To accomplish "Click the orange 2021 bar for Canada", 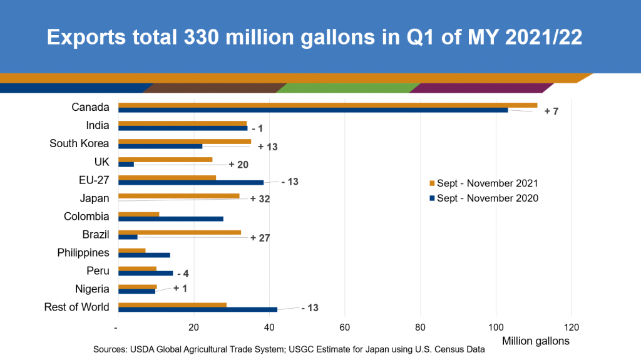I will [327, 105].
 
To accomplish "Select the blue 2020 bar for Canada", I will [313, 110].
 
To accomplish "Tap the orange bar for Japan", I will [178, 196].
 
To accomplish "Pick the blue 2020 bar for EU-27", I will [191, 182].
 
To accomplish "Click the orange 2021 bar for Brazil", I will [180, 232].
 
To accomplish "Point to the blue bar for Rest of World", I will [197, 309].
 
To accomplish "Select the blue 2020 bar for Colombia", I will [170, 219].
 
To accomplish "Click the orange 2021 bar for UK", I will [165, 160].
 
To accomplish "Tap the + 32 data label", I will [259, 199].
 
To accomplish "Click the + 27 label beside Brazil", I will [260, 238].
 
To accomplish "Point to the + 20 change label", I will [238, 164].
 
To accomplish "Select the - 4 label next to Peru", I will [182, 274].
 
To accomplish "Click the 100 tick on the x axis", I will [496, 327].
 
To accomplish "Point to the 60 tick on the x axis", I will [344, 327].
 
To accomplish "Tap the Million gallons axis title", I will [536, 341].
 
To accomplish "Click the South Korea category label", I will [79, 143].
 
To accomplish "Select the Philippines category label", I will [83, 252].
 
